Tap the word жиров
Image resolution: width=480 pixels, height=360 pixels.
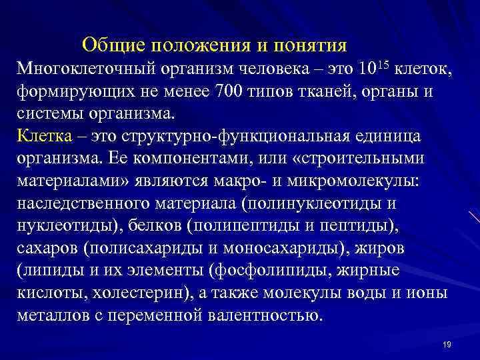pyautogui.click(x=394, y=248)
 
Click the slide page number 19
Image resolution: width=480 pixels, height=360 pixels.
pyautogui.click(x=447, y=344)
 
